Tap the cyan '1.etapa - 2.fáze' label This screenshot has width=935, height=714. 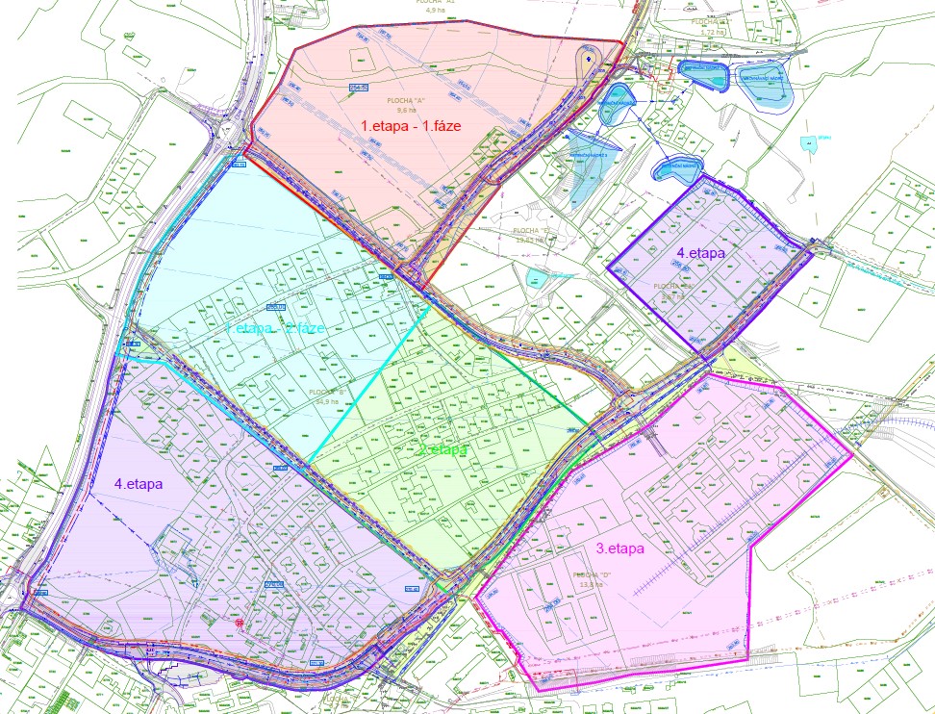coord(274,329)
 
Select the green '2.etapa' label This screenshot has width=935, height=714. coord(443,449)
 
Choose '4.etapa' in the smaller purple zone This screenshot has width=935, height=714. coord(700,253)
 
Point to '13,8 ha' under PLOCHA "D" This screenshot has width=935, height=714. coord(590,583)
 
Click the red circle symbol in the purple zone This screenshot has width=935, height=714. coord(238,624)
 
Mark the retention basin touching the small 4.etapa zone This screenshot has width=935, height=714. coord(674,170)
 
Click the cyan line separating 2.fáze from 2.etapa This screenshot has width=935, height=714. coord(368,384)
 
